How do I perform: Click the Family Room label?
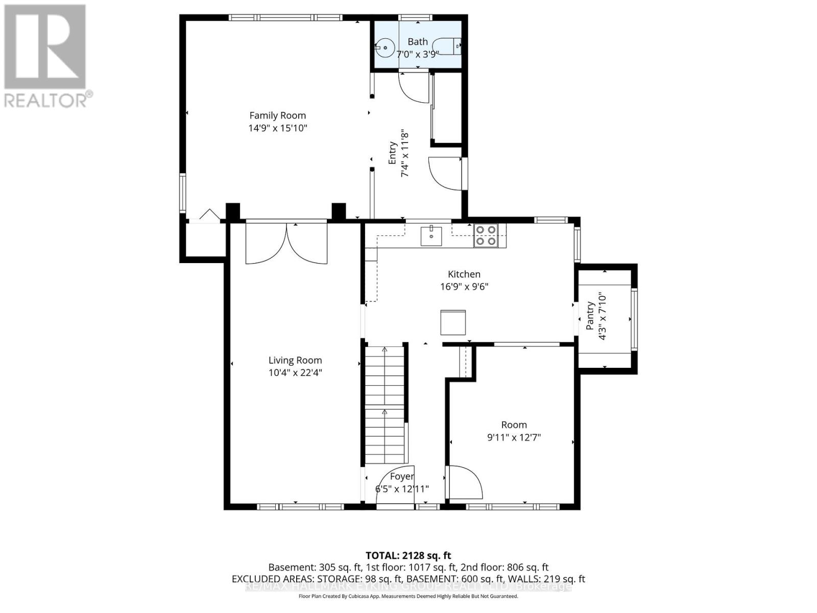coord(277,115)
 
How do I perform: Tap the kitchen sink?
coord(431,235)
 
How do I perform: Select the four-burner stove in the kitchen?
coord(485,235)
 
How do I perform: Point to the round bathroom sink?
coord(385,48)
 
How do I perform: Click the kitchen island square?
coord(453,322)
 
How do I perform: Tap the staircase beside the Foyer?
coord(385,404)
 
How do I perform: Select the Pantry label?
coord(590,316)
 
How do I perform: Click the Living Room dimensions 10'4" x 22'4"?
coord(295,373)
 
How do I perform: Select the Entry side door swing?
coord(444,174)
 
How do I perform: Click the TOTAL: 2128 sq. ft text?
coord(408,555)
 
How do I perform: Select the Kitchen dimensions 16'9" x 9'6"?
coord(464,287)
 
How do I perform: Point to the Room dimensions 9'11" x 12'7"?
coord(514,437)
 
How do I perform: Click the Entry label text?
coord(392,152)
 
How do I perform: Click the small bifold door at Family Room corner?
coord(208,215)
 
